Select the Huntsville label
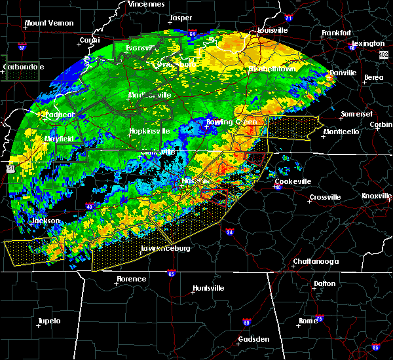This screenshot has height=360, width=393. [209, 289]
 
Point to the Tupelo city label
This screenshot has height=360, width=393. [49, 321]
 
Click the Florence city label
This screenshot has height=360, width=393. [131, 279]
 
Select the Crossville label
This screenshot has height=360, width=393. [325, 197]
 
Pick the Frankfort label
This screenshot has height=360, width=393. [337, 33]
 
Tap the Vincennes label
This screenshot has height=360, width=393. [147, 4]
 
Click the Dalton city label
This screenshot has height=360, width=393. [324, 283]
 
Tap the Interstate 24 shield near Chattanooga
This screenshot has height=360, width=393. [230, 232]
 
